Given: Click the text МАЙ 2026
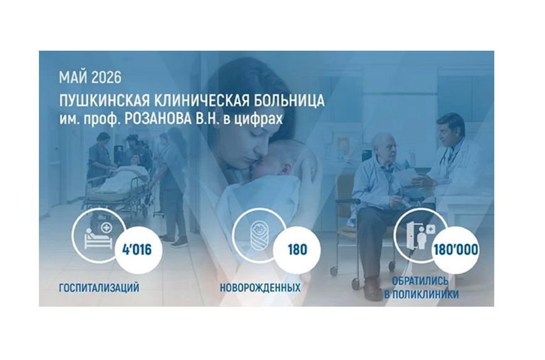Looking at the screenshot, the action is click(90, 78).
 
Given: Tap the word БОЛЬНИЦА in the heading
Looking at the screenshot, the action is click(289, 101).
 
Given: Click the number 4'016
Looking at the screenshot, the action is click(137, 250).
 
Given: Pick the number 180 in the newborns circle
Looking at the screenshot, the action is click(297, 250).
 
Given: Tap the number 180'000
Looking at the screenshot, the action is click(455, 250).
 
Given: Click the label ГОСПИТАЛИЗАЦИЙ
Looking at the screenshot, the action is click(99, 288).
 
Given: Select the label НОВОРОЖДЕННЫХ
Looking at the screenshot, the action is click(260, 288).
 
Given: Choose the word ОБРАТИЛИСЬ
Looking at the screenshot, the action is click(420, 280).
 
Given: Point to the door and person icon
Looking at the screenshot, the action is click(420, 235).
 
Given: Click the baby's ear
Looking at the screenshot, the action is click(286, 169).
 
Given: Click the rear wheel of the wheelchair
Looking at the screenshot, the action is click(334, 271).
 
